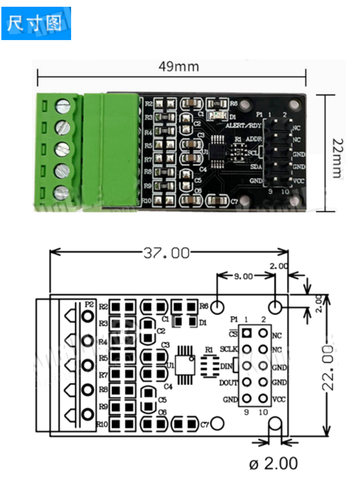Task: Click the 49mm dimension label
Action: (178, 67)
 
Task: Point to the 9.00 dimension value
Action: (243, 276)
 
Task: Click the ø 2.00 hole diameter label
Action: (273, 463)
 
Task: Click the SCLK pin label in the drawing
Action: (229, 349)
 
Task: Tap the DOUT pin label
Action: (228, 383)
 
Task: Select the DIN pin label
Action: (226, 366)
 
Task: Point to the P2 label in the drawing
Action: (89, 305)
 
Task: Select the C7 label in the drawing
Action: (205, 424)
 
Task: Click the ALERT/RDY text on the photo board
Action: (243, 126)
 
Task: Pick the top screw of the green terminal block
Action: (62, 107)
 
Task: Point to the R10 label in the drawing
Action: (102, 424)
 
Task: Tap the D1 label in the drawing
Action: (203, 322)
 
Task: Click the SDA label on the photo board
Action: (256, 167)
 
